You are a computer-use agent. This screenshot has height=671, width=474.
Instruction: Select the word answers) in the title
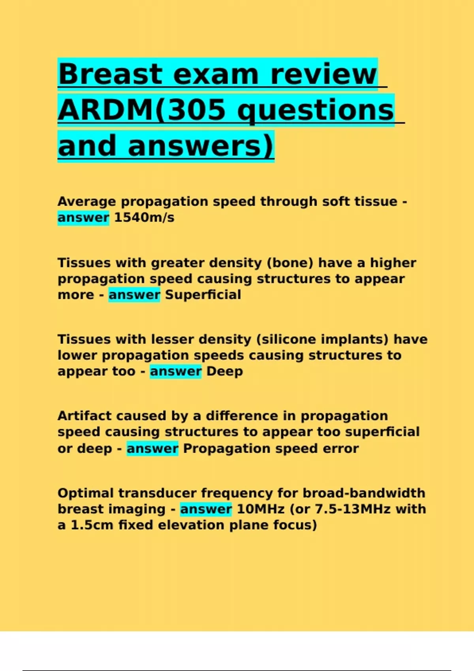tap(201, 146)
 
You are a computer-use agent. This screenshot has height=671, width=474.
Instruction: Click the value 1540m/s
tap(144, 217)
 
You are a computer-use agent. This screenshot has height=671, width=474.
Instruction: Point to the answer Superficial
tap(203, 294)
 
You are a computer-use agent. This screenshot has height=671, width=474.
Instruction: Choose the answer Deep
tap(225, 371)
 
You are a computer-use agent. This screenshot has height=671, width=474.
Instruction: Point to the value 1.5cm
tap(92, 525)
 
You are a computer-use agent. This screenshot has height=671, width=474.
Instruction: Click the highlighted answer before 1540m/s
tap(83, 218)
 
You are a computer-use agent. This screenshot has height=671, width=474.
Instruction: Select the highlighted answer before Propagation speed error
tap(152, 448)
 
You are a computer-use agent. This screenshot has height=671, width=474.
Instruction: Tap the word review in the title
tap(324, 74)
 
